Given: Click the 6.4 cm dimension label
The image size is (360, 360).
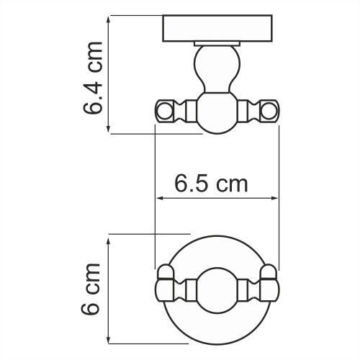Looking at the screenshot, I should click(x=92, y=77).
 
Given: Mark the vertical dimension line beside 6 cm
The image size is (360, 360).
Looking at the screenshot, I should click(x=109, y=292).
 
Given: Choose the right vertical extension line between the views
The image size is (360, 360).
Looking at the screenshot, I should click(x=277, y=194).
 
